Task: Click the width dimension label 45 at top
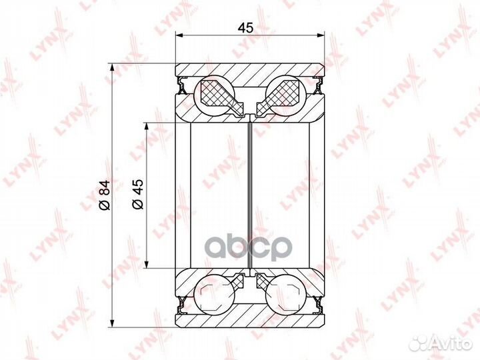click(245, 28)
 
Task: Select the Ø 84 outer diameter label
click(105, 195)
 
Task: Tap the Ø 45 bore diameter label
click(138, 194)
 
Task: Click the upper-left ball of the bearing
click(215, 95)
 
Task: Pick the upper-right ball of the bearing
click(286, 95)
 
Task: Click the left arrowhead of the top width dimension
click(179, 35)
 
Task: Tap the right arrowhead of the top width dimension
click(320, 35)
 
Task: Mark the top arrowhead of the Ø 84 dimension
click(113, 67)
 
